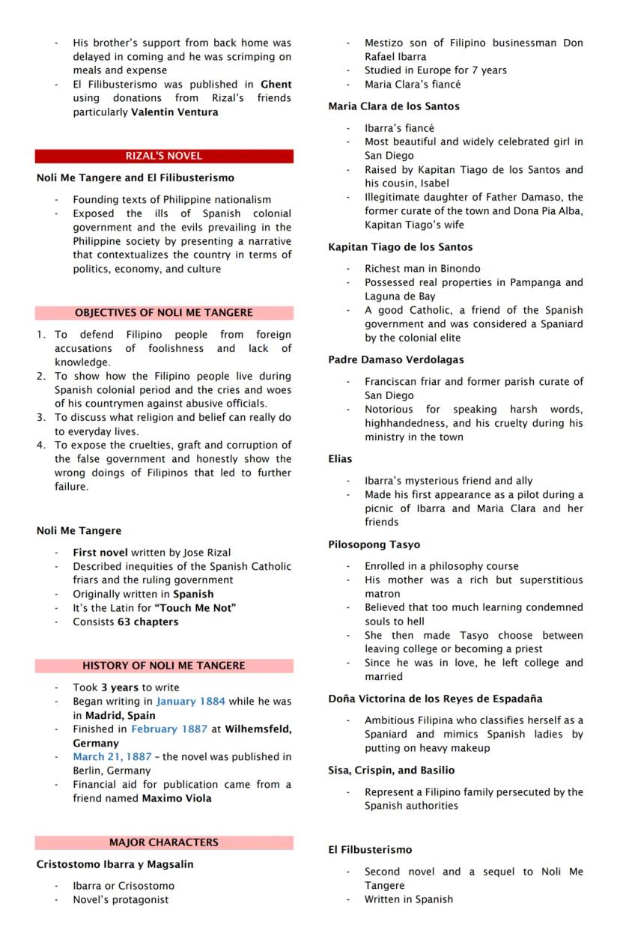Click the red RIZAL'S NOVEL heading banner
[163, 156]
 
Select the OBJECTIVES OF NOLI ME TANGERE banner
[163, 313]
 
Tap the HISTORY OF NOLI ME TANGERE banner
[163, 666]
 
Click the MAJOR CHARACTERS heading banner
[163, 842]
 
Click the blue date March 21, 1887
[112, 757]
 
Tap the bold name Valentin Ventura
[174, 112]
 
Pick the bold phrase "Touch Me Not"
[195, 608]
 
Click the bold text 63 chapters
[148, 622]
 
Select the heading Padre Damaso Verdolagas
[395, 360]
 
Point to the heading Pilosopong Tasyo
[374, 545]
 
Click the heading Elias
[340, 459]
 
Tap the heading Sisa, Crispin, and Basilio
[391, 771]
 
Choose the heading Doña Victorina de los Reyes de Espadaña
[435, 699]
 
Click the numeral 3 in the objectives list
[41, 418]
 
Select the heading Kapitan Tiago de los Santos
[400, 247]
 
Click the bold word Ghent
[276, 85]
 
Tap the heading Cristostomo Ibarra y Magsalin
[115, 864]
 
